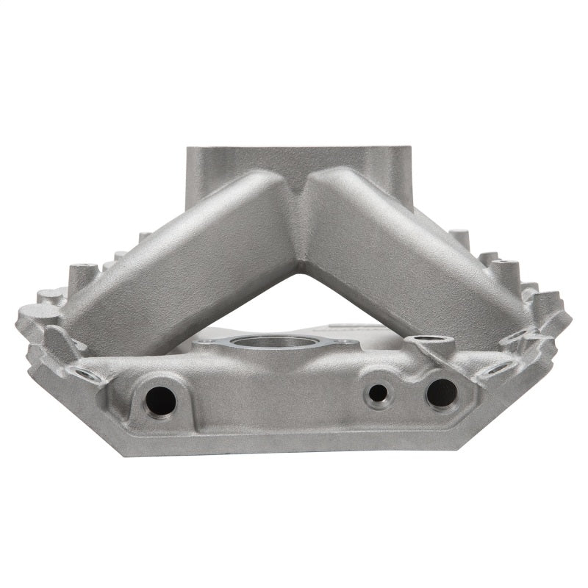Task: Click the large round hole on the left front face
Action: coord(160,401)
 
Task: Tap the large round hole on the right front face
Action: coord(441,393)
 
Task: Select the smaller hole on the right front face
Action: coord(379,393)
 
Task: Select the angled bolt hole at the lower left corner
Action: coord(87,375)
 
